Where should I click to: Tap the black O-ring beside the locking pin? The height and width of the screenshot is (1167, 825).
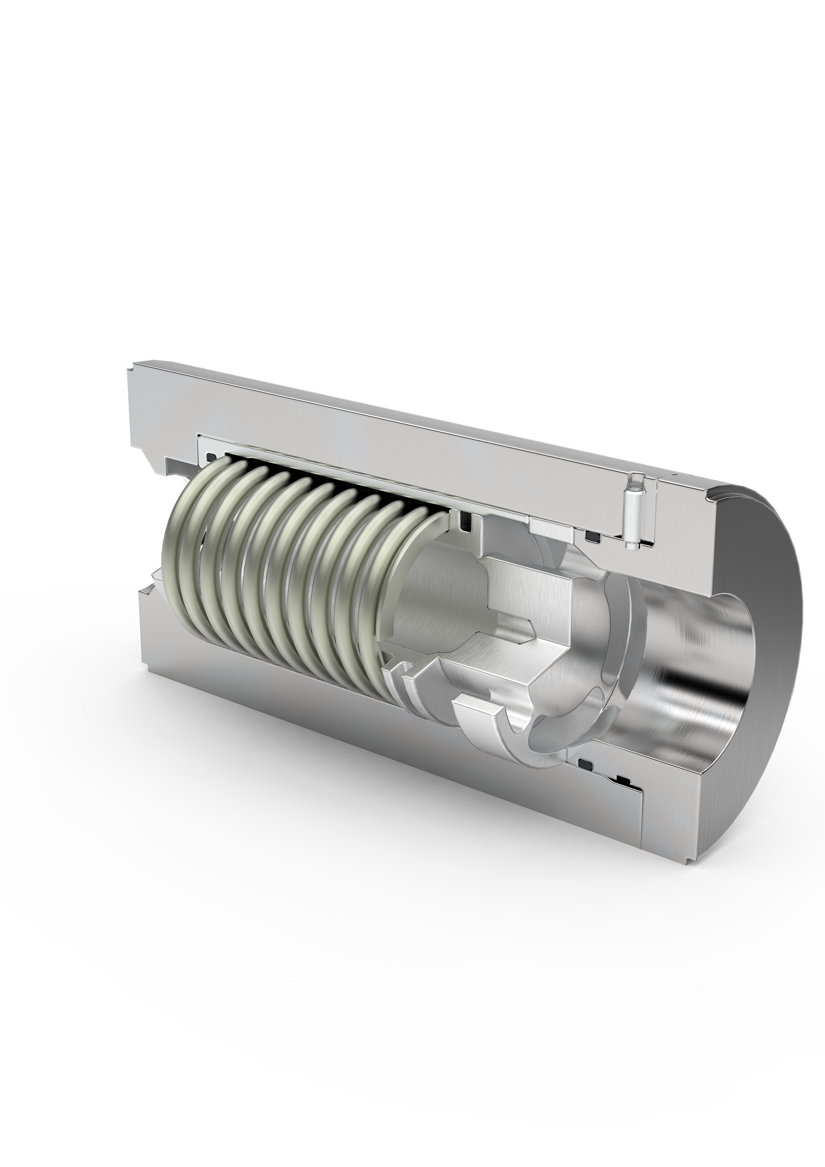[x=592, y=535]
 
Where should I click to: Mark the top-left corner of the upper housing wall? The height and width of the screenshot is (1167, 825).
[x=133, y=366]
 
